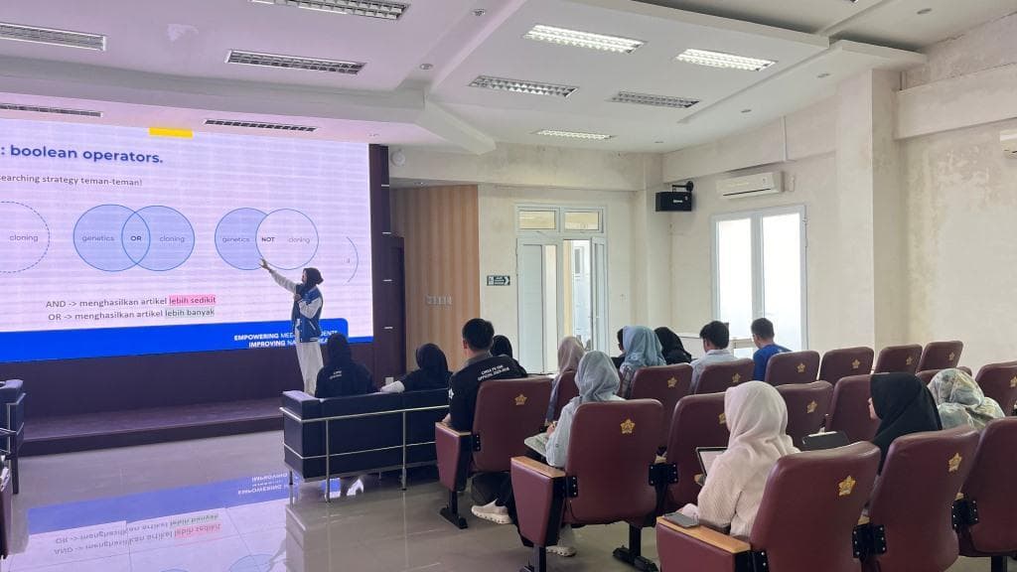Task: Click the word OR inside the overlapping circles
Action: (x=135, y=238)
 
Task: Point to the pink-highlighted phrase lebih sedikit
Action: (x=192, y=300)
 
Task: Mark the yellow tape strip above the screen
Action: (x=171, y=132)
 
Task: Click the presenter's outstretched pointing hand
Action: (x=264, y=263)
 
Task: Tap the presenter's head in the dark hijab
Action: (x=311, y=277)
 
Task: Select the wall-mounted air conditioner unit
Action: (x=749, y=185)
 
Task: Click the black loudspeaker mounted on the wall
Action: (x=673, y=201)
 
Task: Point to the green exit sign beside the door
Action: (x=498, y=280)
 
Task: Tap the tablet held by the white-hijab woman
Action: (x=707, y=459)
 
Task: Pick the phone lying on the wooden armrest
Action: (x=681, y=519)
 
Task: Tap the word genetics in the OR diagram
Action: (x=97, y=239)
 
